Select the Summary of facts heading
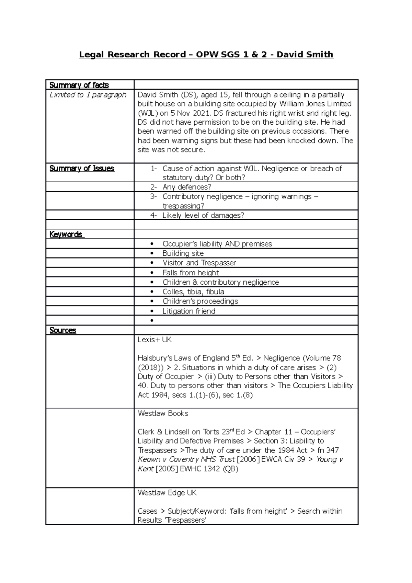click(x=79, y=85)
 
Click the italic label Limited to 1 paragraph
click(x=88, y=95)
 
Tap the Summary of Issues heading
click(x=82, y=168)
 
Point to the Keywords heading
click(x=66, y=234)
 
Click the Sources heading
click(x=63, y=330)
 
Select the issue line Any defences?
click(x=187, y=187)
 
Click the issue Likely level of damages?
click(x=203, y=215)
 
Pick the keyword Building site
click(x=183, y=253)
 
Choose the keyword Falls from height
click(x=191, y=273)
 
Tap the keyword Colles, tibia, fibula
click(x=193, y=292)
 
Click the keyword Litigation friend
click(x=189, y=311)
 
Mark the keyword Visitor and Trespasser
click(x=199, y=263)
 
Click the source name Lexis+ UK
click(x=154, y=340)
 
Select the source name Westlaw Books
click(x=163, y=413)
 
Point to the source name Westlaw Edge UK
click(x=167, y=493)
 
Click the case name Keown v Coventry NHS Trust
click(x=186, y=459)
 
